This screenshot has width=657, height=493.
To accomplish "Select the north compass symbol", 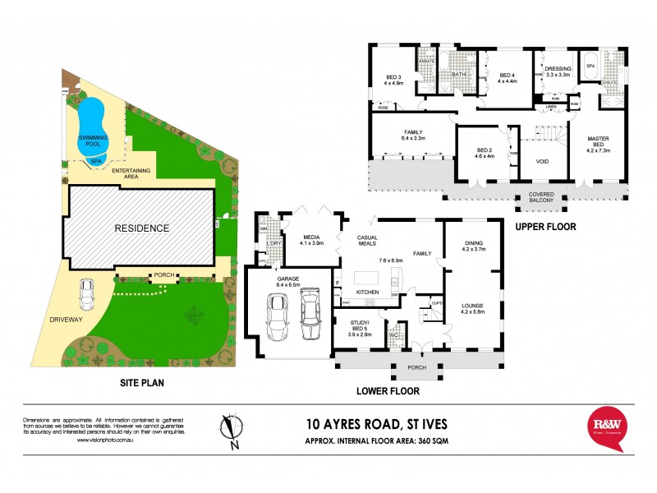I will (x=232, y=430).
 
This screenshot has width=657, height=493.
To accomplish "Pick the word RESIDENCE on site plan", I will (x=141, y=228).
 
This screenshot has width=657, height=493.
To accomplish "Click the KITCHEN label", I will (x=367, y=292).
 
